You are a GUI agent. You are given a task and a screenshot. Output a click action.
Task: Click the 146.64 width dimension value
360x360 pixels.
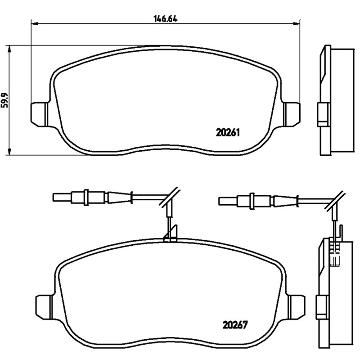click(x=165, y=18)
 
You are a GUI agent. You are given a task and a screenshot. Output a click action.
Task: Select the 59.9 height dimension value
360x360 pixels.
click(x=4, y=100)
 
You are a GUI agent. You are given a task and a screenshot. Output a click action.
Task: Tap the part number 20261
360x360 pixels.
click(x=228, y=133)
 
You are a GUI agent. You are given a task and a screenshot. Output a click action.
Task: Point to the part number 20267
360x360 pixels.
click(x=235, y=325)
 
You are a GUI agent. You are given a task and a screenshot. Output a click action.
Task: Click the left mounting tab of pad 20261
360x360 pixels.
click(x=39, y=114)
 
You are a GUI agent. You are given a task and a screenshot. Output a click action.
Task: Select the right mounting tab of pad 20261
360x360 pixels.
click(x=292, y=114)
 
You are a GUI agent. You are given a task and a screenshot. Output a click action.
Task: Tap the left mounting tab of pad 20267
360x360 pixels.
click(x=44, y=307)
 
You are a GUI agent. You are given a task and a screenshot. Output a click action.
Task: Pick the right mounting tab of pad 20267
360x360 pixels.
click(x=297, y=307)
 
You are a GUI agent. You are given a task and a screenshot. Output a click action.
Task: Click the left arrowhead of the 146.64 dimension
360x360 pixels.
click(x=34, y=23)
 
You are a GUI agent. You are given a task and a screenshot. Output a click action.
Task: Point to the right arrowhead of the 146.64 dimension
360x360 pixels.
click(x=297, y=23)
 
